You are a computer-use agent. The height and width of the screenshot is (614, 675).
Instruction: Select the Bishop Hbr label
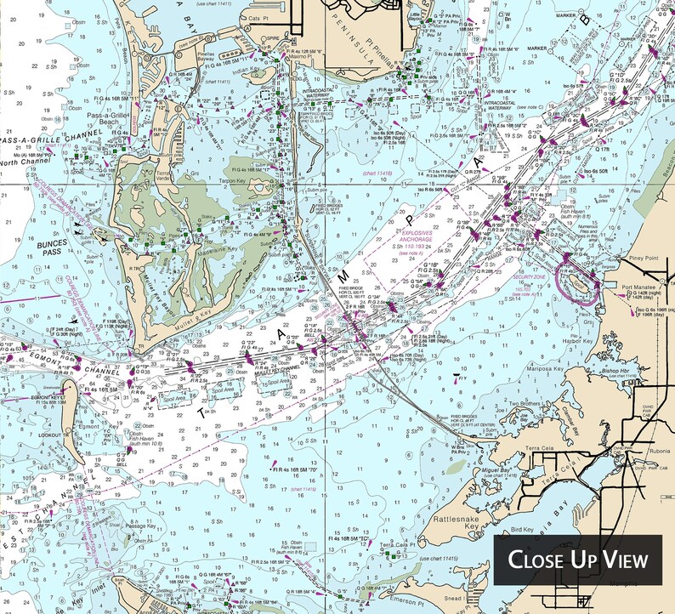pos(623,372)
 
